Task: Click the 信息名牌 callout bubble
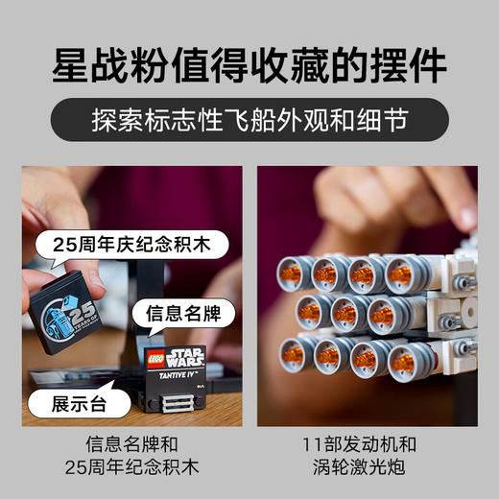coord(179,314)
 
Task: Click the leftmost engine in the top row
coord(291,273)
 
